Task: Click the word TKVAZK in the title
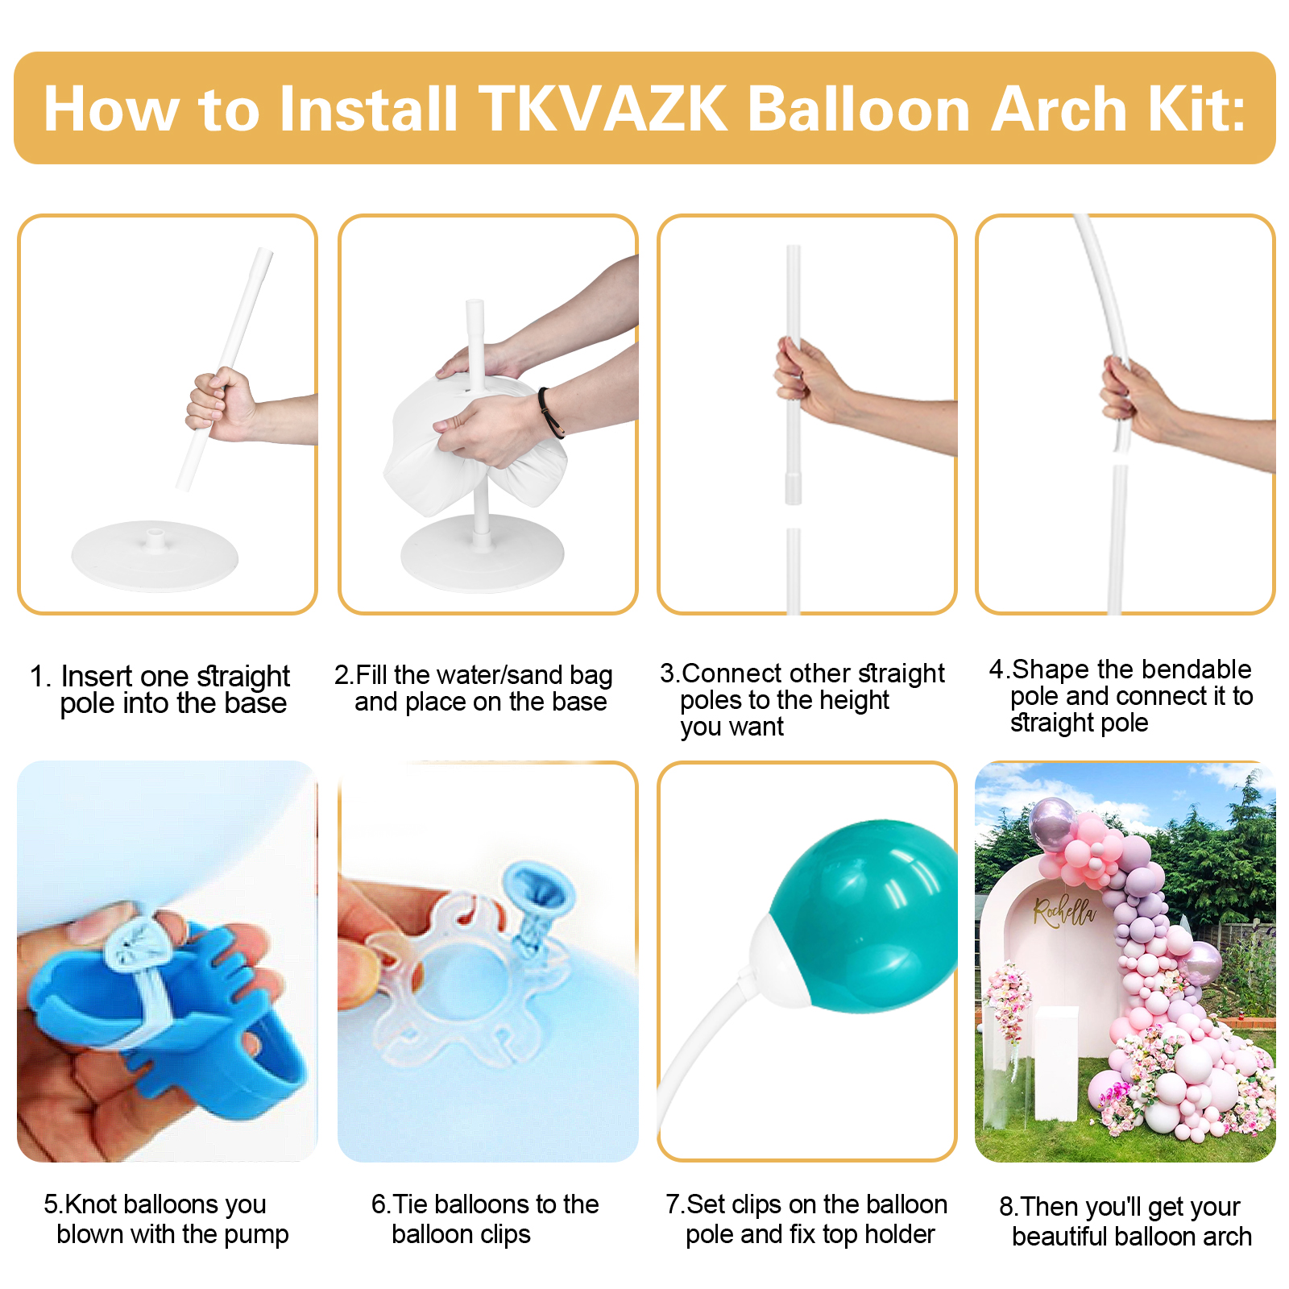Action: [x=603, y=109]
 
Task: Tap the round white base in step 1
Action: [x=155, y=556]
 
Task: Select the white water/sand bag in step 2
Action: [x=475, y=439]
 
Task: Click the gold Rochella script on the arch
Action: [x=1065, y=911]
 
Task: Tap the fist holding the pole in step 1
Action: [x=219, y=404]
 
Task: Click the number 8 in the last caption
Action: [x=1006, y=1207]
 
